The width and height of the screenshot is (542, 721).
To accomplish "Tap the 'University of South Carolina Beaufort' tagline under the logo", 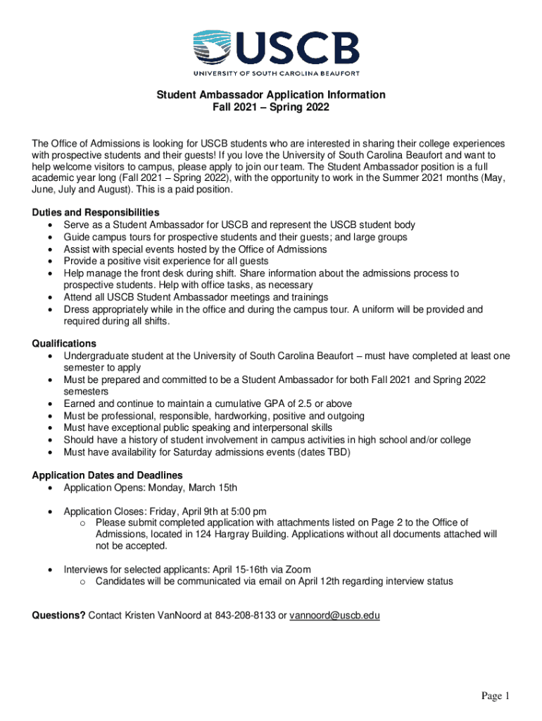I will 277,73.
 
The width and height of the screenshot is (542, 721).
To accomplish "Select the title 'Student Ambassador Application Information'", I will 271,95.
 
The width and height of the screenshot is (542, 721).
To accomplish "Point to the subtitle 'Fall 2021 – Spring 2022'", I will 271,108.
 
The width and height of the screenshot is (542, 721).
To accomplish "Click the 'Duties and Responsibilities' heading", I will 96,213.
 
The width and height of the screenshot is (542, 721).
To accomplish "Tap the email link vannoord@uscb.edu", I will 335,615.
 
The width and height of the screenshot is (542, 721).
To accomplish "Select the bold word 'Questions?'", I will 59,615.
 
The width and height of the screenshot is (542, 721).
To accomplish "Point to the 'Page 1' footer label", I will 495,696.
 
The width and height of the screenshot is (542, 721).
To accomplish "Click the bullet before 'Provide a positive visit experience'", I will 48,261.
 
